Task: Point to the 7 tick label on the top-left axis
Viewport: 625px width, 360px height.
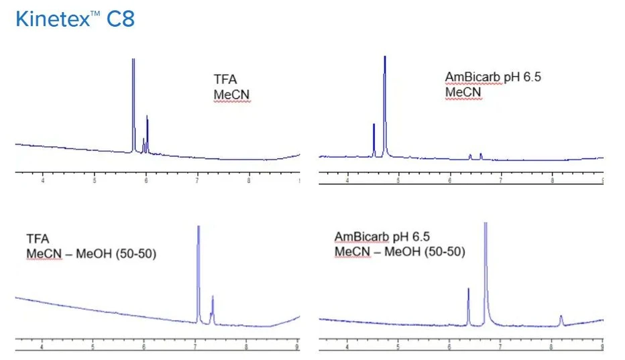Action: click(197, 180)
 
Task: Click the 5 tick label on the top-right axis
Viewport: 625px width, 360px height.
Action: click(398, 180)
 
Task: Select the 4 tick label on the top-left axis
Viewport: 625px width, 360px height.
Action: click(43, 180)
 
